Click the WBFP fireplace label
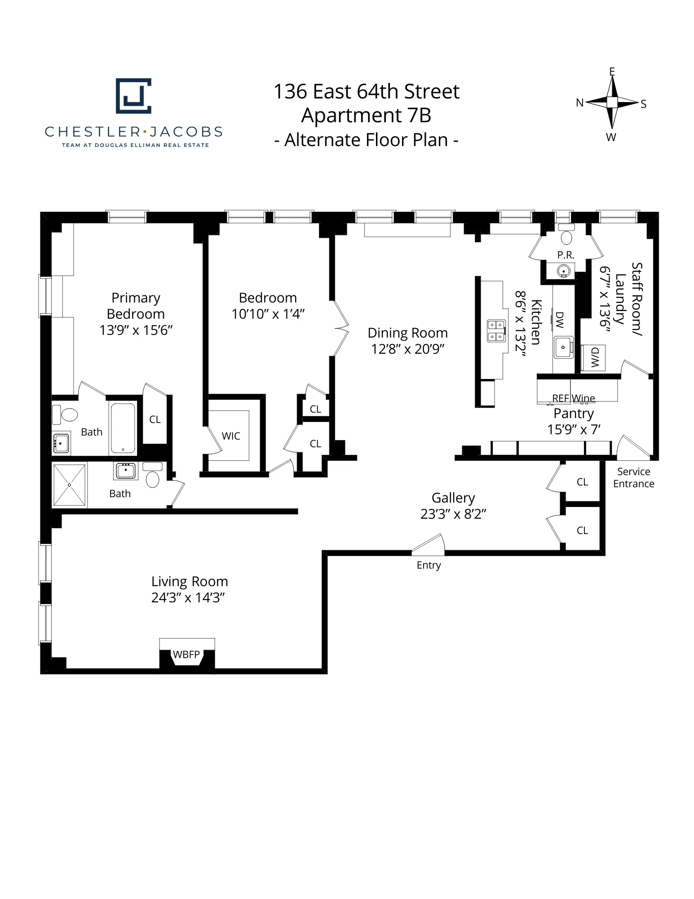tap(186, 654)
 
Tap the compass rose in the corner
tap(612, 103)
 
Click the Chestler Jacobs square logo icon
tap(133, 95)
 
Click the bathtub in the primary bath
tap(123, 428)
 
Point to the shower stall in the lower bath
tap(69, 485)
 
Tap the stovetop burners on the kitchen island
tap(496, 331)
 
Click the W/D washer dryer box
tap(594, 358)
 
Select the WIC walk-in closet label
tap(231, 436)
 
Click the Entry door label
tap(429, 565)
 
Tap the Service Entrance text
tap(633, 478)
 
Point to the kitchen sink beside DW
tap(563, 347)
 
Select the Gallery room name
tap(453, 498)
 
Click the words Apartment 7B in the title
tap(366, 116)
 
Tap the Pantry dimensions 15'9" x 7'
tap(574, 430)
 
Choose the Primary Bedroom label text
tap(136, 306)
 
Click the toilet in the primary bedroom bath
tap(68, 414)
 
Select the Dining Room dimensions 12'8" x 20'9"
tap(407, 349)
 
